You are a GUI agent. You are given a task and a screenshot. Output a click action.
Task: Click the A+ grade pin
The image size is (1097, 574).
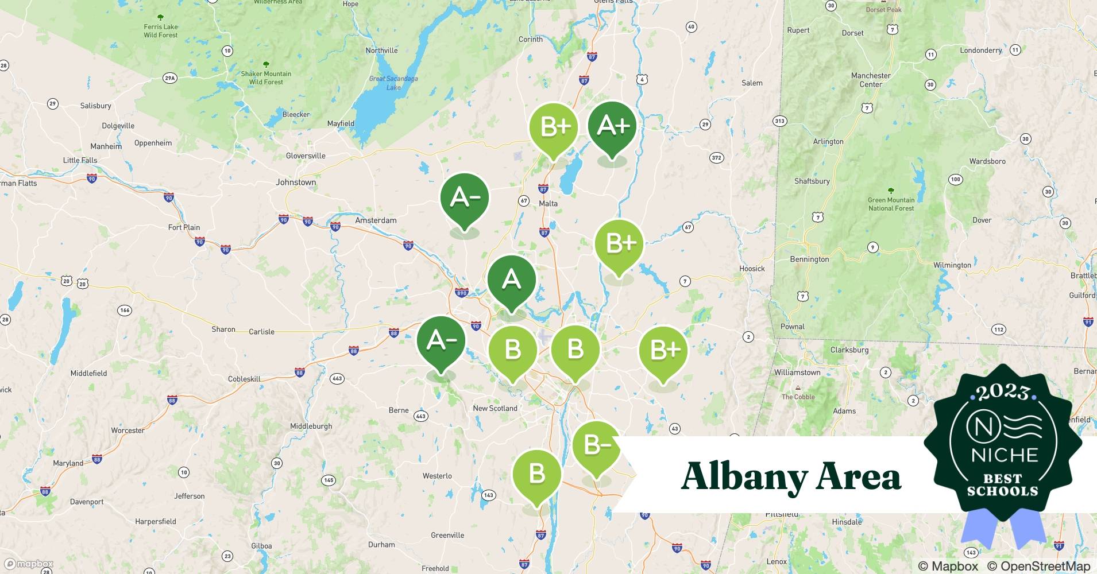tap(612, 126)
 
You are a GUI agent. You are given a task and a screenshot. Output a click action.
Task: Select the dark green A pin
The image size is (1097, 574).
tap(511, 280)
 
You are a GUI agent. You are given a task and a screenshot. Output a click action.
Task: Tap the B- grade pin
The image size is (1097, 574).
tap(596, 445)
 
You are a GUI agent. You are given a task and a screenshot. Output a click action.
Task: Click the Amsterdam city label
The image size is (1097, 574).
tap(376, 220)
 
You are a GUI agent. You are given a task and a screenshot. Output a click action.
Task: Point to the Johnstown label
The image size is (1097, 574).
tap(296, 183)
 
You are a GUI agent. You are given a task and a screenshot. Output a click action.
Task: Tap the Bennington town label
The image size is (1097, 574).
tap(809, 259)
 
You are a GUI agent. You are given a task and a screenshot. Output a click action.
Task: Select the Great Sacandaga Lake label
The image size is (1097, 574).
tap(393, 83)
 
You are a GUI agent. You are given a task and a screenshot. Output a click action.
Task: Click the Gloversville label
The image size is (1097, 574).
tap(306, 156)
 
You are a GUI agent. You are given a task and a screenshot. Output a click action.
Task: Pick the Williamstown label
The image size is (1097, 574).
tap(797, 373)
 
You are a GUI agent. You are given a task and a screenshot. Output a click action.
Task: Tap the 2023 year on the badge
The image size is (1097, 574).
tap(1003, 392)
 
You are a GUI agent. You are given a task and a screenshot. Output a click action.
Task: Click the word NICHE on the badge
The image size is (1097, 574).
tap(1005, 455)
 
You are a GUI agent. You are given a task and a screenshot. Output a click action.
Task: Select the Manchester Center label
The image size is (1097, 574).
tap(871, 80)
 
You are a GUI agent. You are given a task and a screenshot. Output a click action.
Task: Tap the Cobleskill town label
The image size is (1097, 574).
tap(244, 379)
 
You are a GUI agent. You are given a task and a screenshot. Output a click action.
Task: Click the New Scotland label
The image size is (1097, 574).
tap(495, 409)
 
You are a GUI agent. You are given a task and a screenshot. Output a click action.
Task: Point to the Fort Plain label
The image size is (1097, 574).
tap(184, 227)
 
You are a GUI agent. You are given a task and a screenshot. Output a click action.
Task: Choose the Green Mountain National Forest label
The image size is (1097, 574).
tap(891, 204)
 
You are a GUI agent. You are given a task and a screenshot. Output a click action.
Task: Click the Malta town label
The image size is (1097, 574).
tap(548, 204)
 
